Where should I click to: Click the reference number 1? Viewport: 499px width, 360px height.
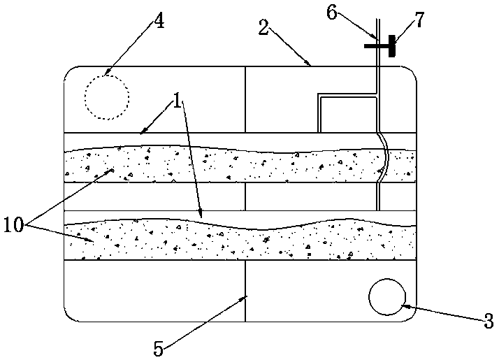(x=179, y=102)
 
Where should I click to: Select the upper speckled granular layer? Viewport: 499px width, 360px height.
(x=210, y=164)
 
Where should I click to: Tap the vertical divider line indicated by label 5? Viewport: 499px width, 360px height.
(x=246, y=290)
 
